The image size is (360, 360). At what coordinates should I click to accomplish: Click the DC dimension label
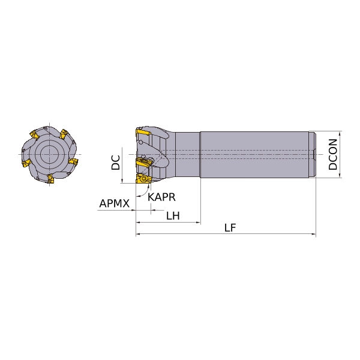point(115,163)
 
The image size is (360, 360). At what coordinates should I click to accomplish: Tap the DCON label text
point(332,155)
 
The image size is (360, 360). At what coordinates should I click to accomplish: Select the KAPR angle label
point(161,197)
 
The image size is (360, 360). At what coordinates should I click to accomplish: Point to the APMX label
point(115,203)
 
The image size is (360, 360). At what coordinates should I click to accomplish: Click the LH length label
point(173,216)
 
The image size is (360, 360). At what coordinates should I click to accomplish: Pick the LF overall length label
point(230,228)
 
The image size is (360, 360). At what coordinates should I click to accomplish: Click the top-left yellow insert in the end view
point(35,134)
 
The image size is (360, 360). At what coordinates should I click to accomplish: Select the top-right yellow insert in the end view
point(64,134)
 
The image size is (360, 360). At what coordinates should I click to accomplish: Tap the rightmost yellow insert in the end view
point(73,161)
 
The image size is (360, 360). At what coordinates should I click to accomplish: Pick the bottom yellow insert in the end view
point(50,179)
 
